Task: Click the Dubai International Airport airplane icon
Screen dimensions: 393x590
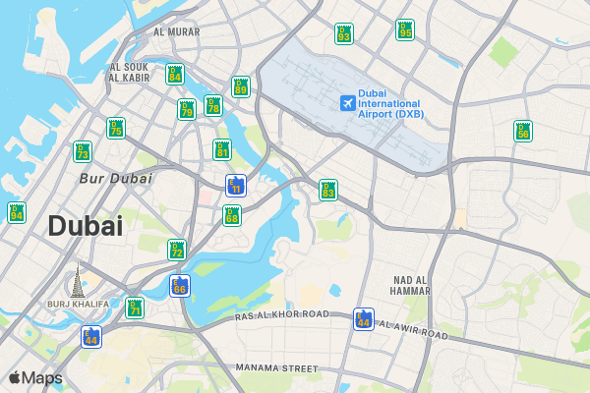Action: (x=347, y=102)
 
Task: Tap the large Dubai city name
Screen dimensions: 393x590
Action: (x=86, y=226)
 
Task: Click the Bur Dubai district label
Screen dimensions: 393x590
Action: (x=115, y=179)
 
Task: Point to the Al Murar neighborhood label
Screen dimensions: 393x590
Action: (x=176, y=31)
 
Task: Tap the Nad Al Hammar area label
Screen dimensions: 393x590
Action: (x=410, y=285)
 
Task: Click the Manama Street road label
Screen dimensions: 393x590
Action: (x=277, y=367)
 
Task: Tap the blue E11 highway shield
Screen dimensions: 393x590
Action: (x=235, y=185)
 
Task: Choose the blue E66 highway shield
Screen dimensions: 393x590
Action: (x=179, y=285)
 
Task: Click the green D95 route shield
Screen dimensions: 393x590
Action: (x=405, y=29)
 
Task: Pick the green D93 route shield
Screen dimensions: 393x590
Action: (x=343, y=33)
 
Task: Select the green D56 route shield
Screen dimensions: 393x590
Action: (x=523, y=131)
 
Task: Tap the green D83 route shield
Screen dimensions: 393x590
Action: (x=328, y=190)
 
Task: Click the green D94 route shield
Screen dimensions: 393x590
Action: (x=17, y=211)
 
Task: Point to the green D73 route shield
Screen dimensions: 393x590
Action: (x=83, y=151)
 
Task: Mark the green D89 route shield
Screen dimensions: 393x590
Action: (x=241, y=86)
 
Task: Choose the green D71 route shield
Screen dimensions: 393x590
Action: (x=135, y=308)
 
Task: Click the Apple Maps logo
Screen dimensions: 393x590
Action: (x=35, y=377)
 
